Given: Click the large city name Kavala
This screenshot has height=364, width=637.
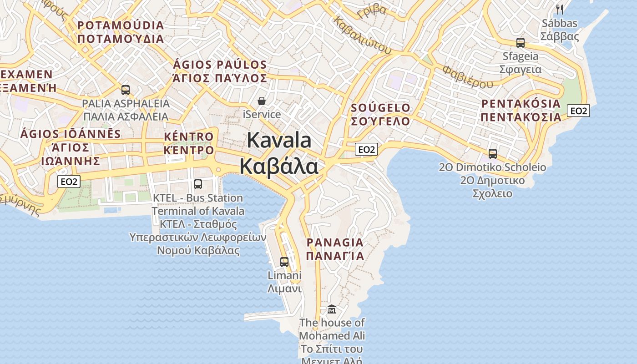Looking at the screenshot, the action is click(279, 140).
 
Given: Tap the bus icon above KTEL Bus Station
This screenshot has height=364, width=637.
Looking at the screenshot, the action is click(198, 184).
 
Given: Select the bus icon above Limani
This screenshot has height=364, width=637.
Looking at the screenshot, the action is click(284, 262).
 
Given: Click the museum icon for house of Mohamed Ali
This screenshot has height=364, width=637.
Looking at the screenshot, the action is click(332, 309).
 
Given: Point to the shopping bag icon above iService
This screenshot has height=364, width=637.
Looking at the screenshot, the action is click(262, 101).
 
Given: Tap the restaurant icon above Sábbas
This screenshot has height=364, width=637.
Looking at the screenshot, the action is click(560, 9).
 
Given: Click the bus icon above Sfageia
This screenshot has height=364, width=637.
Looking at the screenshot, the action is click(521, 43).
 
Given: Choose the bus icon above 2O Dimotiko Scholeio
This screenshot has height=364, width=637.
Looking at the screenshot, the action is click(493, 154).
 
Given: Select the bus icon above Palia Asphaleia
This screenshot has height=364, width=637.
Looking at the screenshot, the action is click(126, 90).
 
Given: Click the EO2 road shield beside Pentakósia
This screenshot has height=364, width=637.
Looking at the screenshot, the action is click(579, 111).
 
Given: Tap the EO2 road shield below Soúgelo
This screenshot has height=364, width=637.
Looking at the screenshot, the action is click(367, 149).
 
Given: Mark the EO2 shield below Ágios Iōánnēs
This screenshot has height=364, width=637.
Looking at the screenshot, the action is click(69, 182).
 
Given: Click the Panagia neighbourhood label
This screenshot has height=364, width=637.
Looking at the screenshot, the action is click(335, 249).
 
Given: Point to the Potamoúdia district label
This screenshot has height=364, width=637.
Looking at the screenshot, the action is click(121, 32).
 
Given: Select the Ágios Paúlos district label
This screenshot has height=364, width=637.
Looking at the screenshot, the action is click(220, 71).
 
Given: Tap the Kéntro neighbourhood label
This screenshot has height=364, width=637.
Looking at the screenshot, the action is click(189, 143).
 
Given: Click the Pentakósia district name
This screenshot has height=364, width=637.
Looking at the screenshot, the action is click(521, 110).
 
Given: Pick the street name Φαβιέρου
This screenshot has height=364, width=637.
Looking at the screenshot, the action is click(468, 77).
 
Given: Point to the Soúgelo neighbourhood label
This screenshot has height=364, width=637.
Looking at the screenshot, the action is click(381, 115).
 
